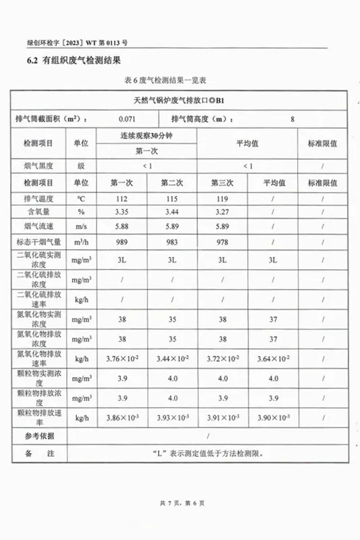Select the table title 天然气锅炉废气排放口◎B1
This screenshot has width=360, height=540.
[180, 101]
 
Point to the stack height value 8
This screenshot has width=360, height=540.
[292, 119]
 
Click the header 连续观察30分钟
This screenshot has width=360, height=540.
[147, 136]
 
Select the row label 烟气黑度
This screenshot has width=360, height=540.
[37, 165]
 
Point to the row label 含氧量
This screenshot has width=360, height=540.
[37, 212]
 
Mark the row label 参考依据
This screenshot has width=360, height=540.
[38, 437]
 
